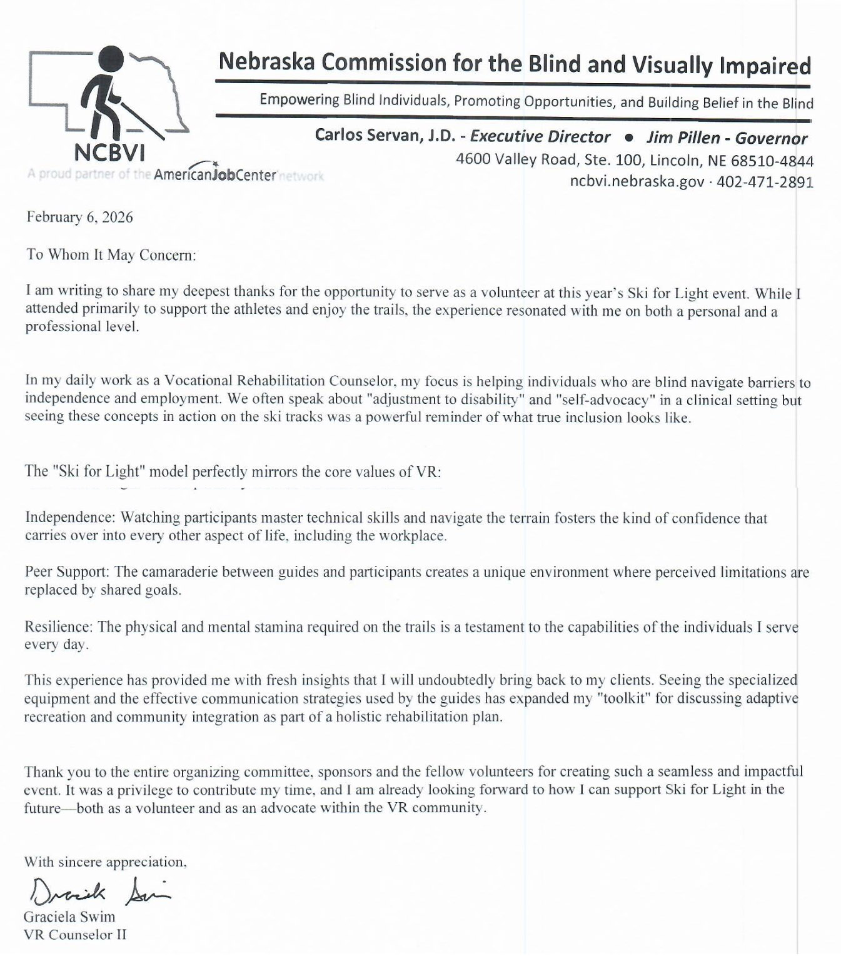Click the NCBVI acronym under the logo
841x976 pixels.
109,152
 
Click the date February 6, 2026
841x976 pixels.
79,217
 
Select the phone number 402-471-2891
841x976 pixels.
765,182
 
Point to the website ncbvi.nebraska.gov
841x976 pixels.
637,182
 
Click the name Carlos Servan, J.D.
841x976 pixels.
385,136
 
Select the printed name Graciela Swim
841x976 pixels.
69,917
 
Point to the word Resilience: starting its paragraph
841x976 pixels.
59,626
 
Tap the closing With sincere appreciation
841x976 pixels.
105,862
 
